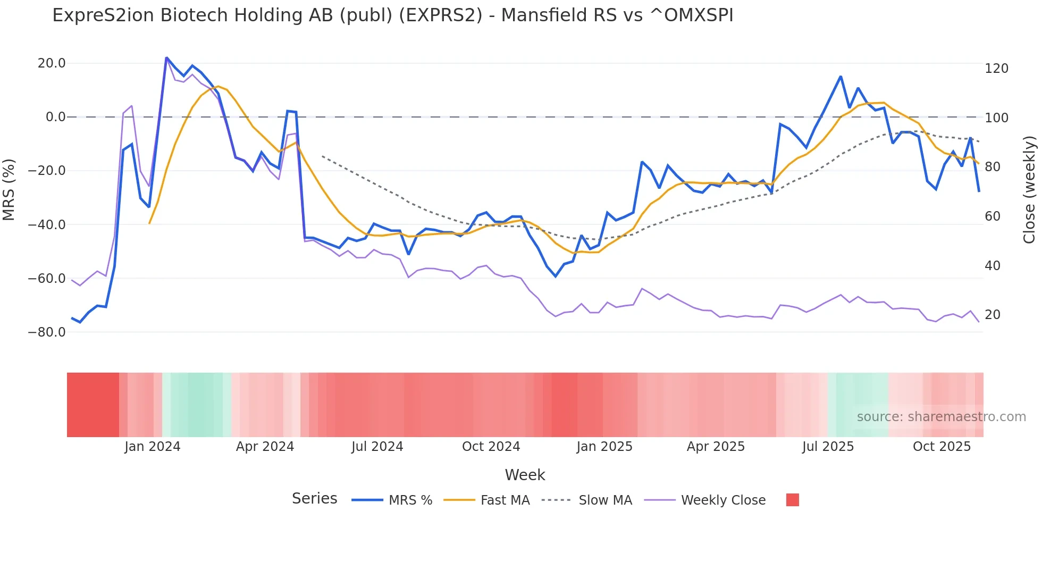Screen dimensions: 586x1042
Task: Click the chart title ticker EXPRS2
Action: pyautogui.click(x=440, y=15)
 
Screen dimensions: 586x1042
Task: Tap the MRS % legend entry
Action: pyautogui.click(x=410, y=500)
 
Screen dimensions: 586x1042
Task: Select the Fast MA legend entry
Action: pyautogui.click(x=505, y=500)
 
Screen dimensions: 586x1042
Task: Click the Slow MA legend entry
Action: pyautogui.click(x=605, y=500)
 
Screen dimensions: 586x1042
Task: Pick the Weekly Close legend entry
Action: pyautogui.click(x=723, y=500)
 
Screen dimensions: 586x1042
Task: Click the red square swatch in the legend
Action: pyautogui.click(x=792, y=500)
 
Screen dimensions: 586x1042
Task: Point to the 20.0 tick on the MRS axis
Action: pyautogui.click(x=52, y=63)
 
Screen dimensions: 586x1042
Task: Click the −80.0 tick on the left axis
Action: pyautogui.click(x=47, y=332)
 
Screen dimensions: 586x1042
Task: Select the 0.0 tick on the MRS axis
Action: pyautogui.click(x=55, y=117)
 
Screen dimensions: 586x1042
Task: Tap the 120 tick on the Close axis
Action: pyautogui.click(x=996, y=69)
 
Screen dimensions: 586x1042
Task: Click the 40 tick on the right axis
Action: pyautogui.click(x=993, y=266)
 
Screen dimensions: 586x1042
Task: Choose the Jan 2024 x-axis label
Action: pyautogui.click(x=153, y=447)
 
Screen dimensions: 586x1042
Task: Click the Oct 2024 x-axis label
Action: pyautogui.click(x=491, y=447)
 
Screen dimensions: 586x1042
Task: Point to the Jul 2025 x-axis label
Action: pyautogui.click(x=828, y=447)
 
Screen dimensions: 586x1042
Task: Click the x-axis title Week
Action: pyautogui.click(x=525, y=475)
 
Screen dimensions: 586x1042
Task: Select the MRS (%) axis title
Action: pyautogui.click(x=9, y=189)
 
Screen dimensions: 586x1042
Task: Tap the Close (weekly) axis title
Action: pyautogui.click(x=1029, y=190)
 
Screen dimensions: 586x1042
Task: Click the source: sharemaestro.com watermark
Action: pyautogui.click(x=941, y=417)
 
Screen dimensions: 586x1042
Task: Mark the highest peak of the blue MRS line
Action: pyautogui.click(x=166, y=57)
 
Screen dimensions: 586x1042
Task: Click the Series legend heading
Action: pyautogui.click(x=314, y=499)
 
